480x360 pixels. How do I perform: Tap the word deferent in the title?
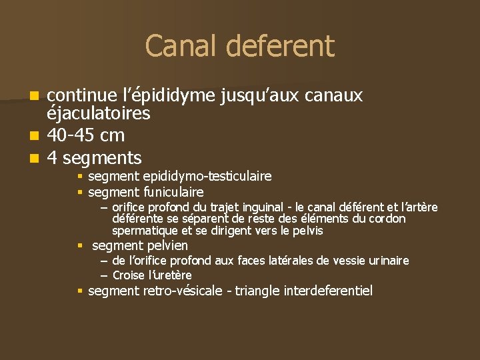click(280, 46)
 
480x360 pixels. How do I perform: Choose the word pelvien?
click(163, 246)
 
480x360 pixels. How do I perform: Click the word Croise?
click(129, 275)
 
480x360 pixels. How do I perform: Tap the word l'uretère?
click(170, 275)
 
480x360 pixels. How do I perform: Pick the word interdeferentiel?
click(328, 291)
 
